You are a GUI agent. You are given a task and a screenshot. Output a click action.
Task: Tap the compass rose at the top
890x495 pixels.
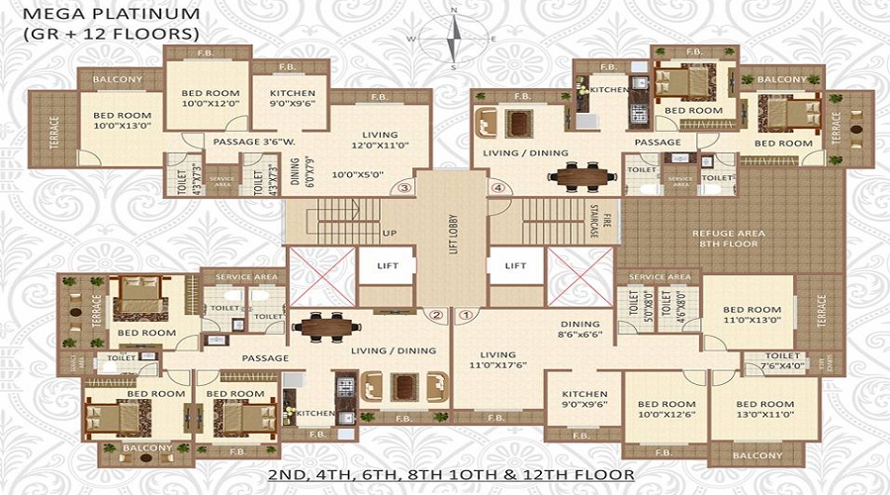point(453,40)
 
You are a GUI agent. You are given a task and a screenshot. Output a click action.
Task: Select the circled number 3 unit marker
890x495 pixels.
point(403,186)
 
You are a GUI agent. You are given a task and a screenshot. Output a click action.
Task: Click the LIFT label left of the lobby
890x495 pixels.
point(387,265)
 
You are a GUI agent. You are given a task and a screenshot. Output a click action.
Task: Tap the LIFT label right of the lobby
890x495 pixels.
point(516,265)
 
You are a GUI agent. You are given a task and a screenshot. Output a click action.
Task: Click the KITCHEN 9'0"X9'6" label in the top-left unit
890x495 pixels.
point(293,99)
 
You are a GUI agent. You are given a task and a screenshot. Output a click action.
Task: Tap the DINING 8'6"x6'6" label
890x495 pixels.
point(579,330)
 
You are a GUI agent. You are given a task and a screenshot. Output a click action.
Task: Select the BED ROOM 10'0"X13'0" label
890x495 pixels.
point(123,120)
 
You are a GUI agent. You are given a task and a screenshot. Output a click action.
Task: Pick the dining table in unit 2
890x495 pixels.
point(321,326)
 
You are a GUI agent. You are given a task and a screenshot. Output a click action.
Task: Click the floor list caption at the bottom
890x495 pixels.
point(452,476)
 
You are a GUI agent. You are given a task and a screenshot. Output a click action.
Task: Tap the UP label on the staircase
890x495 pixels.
point(389,234)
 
